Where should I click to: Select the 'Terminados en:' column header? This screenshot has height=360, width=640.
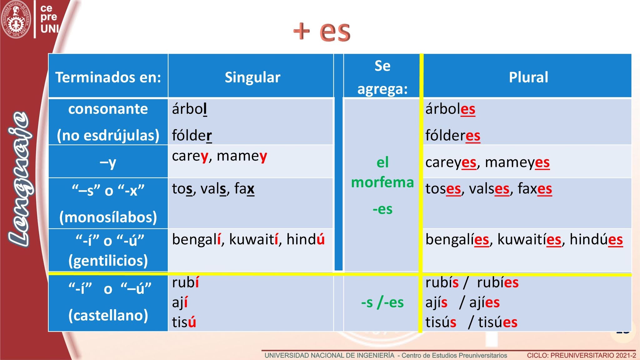click(108, 77)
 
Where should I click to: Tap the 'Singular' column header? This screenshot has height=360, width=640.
click(252, 77)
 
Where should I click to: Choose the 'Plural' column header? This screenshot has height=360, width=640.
click(528, 77)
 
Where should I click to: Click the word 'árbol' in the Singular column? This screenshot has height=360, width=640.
click(189, 109)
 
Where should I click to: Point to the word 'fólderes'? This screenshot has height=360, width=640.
click(453, 135)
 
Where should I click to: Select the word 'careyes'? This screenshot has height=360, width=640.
click(451, 162)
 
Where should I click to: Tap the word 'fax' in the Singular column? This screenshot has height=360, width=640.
click(244, 188)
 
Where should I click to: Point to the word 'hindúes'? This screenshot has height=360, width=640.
click(596, 239)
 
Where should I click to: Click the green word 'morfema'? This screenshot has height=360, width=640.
click(382, 182)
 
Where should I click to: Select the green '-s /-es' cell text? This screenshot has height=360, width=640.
click(382, 302)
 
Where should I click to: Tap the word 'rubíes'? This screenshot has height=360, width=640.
click(498, 282)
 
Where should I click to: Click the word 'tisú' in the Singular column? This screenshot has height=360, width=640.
click(184, 322)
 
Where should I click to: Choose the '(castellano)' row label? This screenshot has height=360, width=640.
click(108, 315)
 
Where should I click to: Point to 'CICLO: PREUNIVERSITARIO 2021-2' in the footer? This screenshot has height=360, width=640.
click(581, 356)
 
